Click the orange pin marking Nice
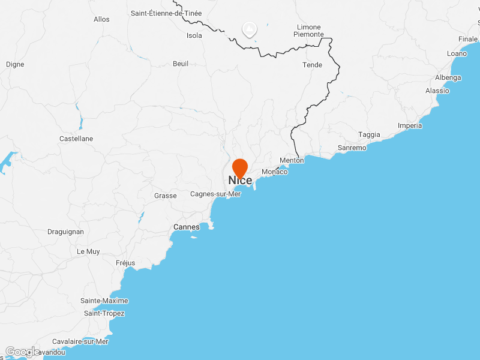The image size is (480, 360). click(x=240, y=167)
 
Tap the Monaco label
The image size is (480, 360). click(x=275, y=172)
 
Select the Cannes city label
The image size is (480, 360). click(x=186, y=227)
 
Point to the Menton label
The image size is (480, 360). click(x=292, y=160)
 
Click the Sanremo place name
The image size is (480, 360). click(x=352, y=148)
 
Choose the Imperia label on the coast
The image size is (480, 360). click(x=410, y=125)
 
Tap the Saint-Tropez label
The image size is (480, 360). click(x=104, y=313)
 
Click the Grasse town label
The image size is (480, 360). click(x=166, y=196)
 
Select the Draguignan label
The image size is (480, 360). click(x=65, y=232)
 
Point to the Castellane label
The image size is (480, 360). click(x=76, y=139)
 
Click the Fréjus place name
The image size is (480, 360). click(x=125, y=263)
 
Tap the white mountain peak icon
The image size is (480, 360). click(x=248, y=29)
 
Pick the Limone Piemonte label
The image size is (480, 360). click(x=308, y=31)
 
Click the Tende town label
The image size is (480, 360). click(x=312, y=65)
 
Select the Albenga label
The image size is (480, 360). click(x=448, y=78)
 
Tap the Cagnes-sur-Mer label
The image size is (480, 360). click(x=215, y=194)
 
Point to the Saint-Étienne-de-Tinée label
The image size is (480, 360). click(x=166, y=13)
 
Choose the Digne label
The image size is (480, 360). click(x=15, y=64)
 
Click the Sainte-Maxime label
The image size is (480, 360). click(x=104, y=301)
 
